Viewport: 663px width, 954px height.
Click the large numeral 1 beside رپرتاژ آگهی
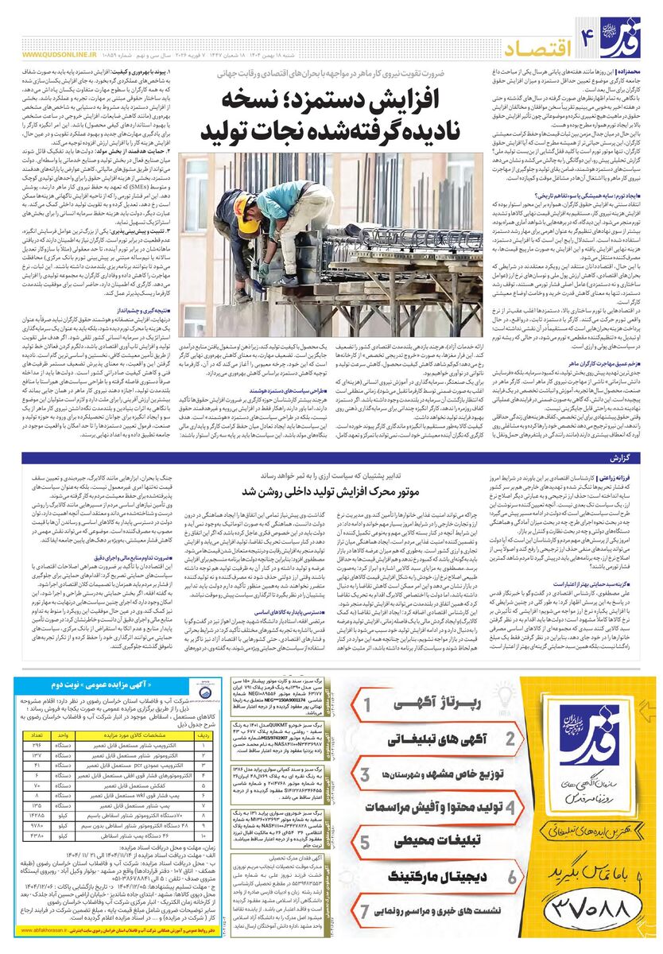(x=368, y=704)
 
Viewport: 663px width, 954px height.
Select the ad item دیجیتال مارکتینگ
(x=436, y=876)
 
